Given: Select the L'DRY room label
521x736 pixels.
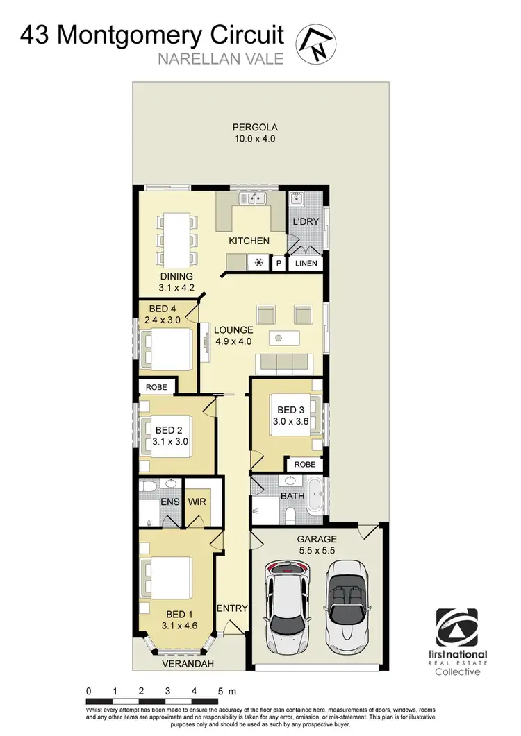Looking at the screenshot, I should tap(305, 221).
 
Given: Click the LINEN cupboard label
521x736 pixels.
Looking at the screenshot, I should tap(306, 264).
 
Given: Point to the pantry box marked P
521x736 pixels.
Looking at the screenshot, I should tap(279, 264).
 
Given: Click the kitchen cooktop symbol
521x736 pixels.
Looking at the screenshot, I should tap(259, 263).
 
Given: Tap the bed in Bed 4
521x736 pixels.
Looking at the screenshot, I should tap(167, 350).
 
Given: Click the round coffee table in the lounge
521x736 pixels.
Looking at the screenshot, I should tap(278, 339).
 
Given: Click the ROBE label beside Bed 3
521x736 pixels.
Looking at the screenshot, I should tap(305, 464).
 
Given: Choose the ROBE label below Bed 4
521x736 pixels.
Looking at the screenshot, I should tap(156, 387).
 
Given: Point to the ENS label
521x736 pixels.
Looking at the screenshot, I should tap(169, 501).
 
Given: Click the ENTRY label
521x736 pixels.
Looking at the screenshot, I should tap(232, 608).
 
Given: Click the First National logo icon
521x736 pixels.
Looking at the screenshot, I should tap(461, 628).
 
